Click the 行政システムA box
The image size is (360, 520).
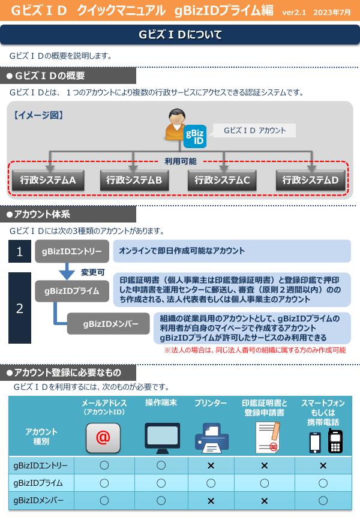(48, 180)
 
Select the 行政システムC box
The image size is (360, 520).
(222, 180)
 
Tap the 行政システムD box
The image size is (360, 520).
(310, 180)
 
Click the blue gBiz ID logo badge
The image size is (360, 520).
(195, 136)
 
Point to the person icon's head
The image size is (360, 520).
(177, 116)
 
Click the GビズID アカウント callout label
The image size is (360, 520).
(254, 130)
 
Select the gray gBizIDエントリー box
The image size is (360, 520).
(72, 251)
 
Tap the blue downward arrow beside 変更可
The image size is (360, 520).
(67, 271)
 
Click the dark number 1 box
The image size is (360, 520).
(20, 251)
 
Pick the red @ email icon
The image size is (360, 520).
(103, 438)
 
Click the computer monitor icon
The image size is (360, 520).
(162, 438)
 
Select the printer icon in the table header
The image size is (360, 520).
(212, 438)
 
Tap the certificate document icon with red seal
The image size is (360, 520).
(268, 437)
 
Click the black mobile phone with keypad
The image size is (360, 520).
(335, 441)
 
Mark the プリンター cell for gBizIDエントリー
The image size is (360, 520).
(211, 465)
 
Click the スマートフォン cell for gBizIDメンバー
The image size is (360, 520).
(323, 500)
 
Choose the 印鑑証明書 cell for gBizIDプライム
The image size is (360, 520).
(265, 483)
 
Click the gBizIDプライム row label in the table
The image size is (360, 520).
(38, 483)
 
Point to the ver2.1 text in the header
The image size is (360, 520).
(294, 12)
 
